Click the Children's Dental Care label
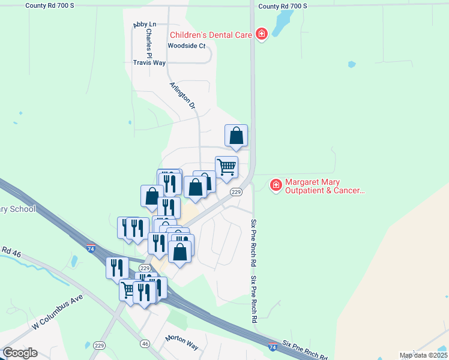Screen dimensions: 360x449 [x=210, y=35]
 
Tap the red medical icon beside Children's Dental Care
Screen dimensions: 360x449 [x=261, y=34]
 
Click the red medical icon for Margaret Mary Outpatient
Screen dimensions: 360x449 [x=276, y=185]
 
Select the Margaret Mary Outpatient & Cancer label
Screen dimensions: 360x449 [x=324, y=186]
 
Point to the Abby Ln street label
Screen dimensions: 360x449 [x=144, y=25]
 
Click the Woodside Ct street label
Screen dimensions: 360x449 [x=186, y=46]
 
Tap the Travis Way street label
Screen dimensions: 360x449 [x=149, y=62]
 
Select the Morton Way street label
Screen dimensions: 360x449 [x=181, y=343]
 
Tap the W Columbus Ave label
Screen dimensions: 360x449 [x=59, y=311]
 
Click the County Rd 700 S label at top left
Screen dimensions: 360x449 [x=49, y=5]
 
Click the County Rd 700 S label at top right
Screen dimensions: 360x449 [x=282, y=5]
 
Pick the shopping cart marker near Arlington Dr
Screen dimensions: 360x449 [x=226, y=167]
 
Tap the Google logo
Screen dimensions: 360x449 [x=20, y=353]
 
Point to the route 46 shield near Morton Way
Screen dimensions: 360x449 [x=145, y=344]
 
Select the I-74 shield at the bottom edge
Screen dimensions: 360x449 [x=273, y=347]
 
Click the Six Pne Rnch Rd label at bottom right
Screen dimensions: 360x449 [x=305, y=349]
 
